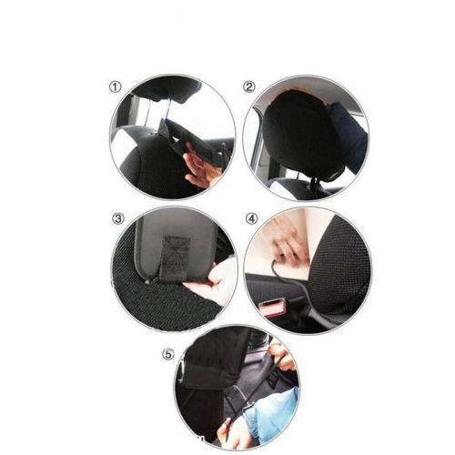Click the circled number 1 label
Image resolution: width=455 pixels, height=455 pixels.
[115, 87]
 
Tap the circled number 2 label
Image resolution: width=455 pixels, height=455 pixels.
[249, 87]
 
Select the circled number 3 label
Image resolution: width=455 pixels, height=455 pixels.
[117, 218]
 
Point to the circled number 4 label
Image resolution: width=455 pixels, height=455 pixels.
[252, 218]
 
